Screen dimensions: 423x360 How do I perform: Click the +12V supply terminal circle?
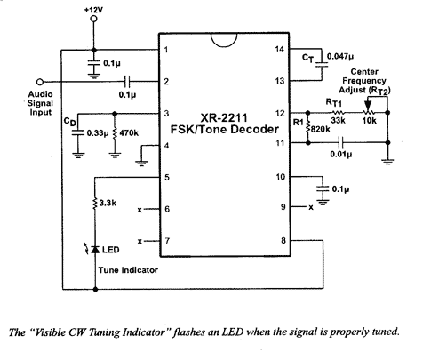(93, 19)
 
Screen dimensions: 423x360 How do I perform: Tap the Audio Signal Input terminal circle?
(40, 82)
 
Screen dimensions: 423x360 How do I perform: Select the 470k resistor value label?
(129, 133)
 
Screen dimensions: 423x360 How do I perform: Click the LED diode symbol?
(95, 250)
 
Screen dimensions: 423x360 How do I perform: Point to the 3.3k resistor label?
(108, 203)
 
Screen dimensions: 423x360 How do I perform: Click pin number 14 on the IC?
(279, 50)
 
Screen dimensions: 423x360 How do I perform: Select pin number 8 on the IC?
(283, 241)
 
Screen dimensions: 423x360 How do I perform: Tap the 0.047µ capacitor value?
(340, 56)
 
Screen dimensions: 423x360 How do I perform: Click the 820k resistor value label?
(321, 129)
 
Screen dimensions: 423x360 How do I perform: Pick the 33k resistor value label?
(338, 121)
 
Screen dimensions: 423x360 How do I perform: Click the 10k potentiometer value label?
(370, 121)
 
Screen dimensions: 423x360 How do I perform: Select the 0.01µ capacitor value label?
(341, 155)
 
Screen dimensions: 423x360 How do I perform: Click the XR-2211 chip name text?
(224, 118)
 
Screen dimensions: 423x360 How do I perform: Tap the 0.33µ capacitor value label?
(98, 133)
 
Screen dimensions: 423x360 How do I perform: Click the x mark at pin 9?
(311, 208)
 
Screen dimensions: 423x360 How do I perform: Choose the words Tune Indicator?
(128, 270)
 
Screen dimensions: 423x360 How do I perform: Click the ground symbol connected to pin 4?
(141, 163)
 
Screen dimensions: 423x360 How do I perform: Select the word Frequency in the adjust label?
(364, 81)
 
